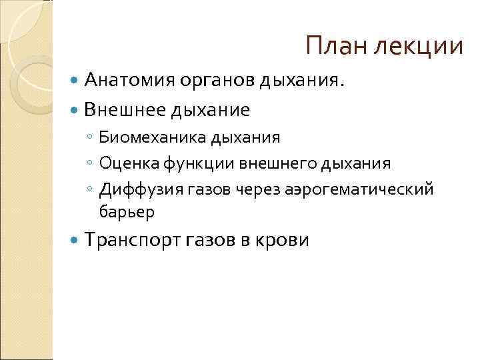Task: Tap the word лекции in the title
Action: [419, 47]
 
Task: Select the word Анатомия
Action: [130, 81]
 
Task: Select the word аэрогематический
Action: [359, 189]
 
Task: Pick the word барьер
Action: [127, 212]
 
